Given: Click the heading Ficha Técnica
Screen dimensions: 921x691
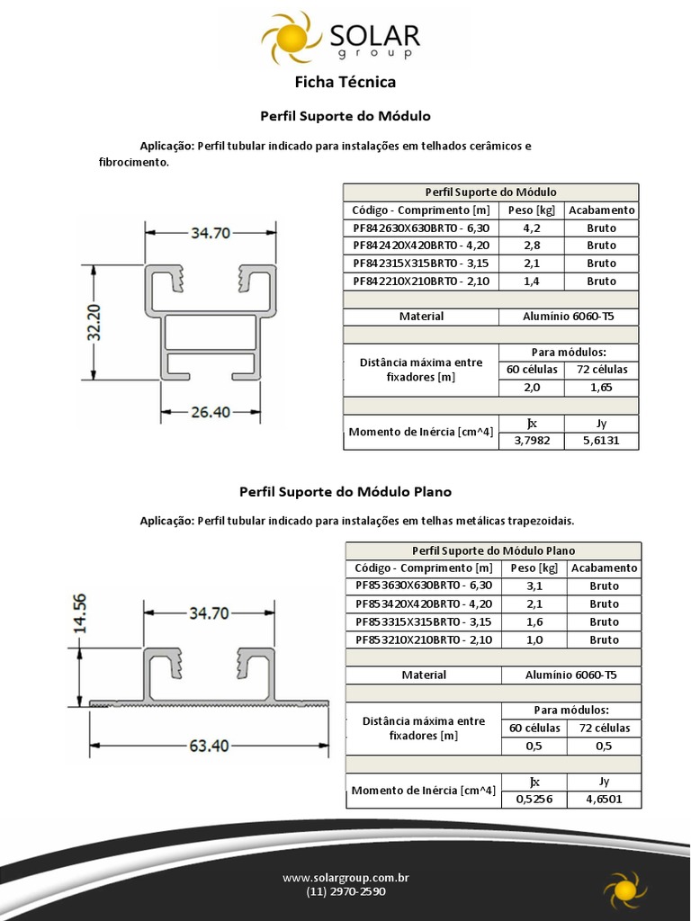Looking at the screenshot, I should tap(345, 83).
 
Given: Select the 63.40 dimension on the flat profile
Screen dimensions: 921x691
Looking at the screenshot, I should tap(208, 746).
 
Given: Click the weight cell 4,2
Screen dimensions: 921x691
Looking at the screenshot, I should tap(531, 228).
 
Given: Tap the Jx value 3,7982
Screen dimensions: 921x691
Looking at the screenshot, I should tap(531, 441).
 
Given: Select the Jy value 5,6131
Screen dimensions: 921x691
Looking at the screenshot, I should tap(601, 441).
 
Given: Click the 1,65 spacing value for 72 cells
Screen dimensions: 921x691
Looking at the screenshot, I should tap(601, 388).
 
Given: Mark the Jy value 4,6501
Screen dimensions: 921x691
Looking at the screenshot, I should tap(604, 799).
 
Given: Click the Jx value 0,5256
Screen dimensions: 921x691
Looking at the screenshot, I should tap(534, 799).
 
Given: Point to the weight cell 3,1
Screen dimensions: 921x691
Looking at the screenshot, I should tap(534, 586).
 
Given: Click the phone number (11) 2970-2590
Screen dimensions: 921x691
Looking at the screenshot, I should tap(345, 892).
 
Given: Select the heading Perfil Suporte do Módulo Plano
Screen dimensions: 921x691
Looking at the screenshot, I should tap(345, 492).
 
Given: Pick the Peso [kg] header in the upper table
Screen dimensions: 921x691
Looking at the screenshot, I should tap(531, 210).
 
